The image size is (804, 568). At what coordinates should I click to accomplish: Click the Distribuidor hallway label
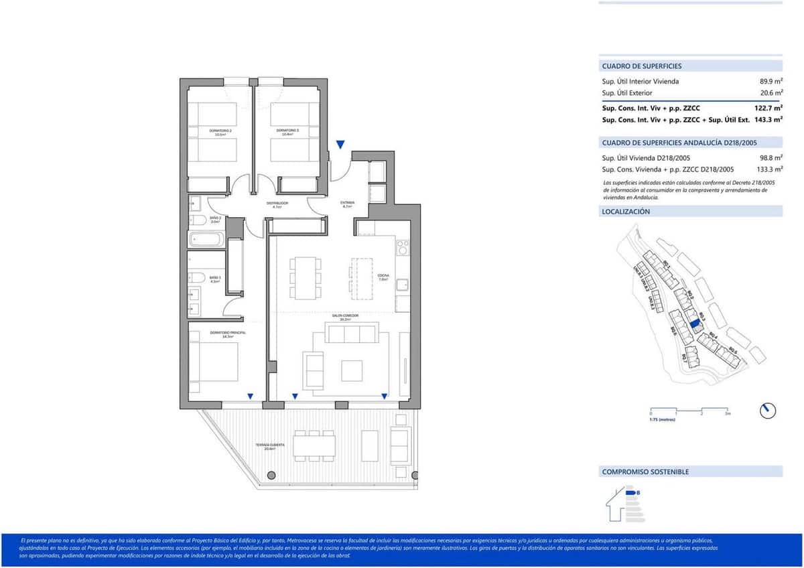coord(277,204)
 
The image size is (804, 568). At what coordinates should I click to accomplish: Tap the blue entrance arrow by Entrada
coord(340,145)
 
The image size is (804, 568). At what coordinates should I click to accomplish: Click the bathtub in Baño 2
coord(206,239)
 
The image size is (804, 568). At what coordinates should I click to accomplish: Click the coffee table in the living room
coord(352,370)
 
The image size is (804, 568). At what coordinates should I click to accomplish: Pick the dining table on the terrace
coord(314,446)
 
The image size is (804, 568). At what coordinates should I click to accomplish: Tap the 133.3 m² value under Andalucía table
coord(768,169)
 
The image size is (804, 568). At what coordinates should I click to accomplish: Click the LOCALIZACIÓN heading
coord(626,212)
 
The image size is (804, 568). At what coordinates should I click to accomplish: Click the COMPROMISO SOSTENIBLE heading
coord(645,472)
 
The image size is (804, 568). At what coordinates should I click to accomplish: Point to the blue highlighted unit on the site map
coord(695,323)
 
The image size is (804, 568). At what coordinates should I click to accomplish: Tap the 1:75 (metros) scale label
coord(662,420)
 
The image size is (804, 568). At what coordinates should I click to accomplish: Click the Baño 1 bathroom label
coord(215,279)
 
